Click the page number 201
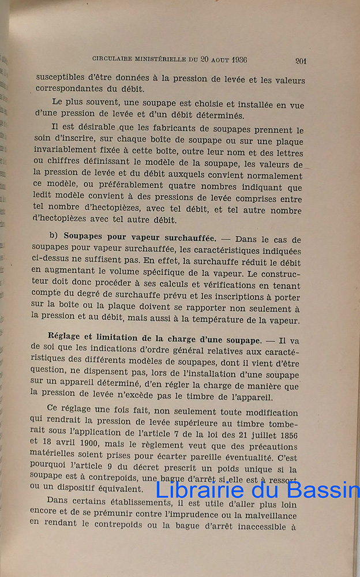point(300,61)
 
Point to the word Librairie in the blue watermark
point(197,490)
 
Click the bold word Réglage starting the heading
point(71,338)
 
